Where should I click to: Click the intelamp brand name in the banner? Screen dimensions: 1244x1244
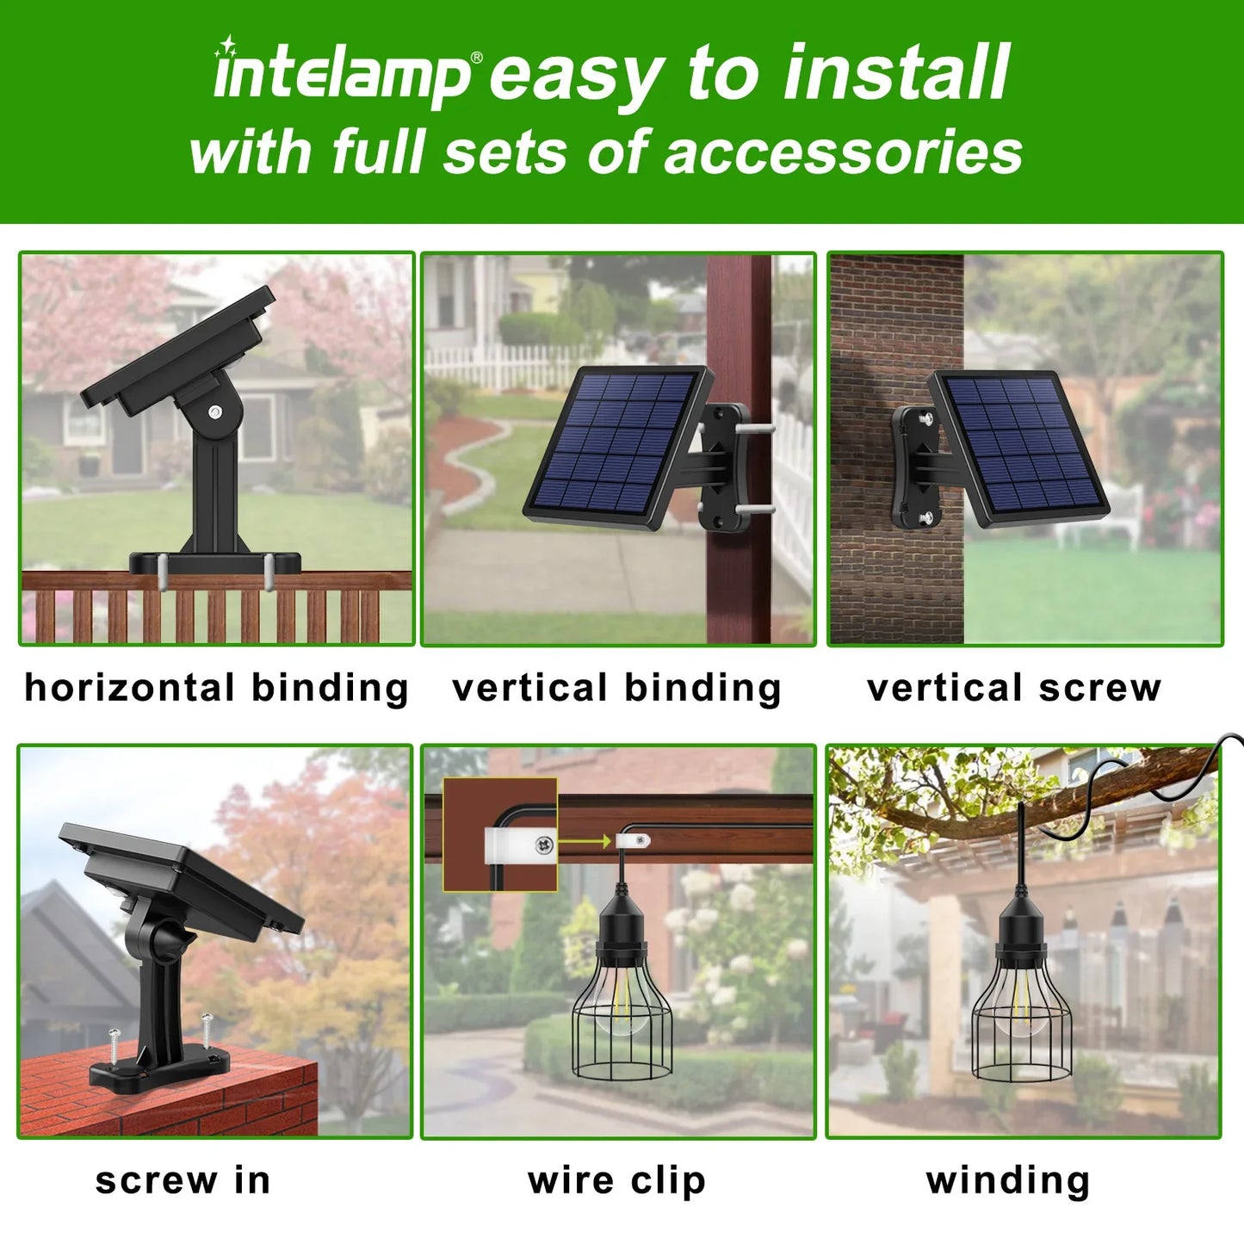342,76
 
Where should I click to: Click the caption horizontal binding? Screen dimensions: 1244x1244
216,688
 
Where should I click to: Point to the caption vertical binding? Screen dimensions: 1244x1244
616,688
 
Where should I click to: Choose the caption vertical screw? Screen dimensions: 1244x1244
1014,689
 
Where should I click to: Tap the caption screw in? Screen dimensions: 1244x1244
183,1181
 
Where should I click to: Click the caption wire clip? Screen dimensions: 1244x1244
616,1181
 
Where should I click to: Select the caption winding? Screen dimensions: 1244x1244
1008,1181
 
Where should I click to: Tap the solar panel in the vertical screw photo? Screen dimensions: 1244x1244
1018,449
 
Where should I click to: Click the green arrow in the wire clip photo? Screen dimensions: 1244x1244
585,841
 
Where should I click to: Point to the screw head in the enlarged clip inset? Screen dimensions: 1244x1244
543,844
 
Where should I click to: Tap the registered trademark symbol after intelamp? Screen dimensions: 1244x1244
477,58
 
